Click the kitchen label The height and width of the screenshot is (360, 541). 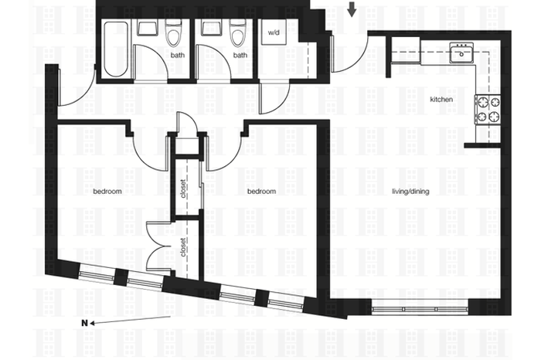coord(441,100)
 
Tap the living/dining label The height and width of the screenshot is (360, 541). coord(410,192)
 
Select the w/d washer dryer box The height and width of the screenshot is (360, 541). coord(274,32)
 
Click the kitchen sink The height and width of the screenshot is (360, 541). coord(461,53)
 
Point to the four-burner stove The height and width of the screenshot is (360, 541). coord(488,110)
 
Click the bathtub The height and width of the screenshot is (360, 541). coord(116,49)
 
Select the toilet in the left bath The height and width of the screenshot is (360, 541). coord(173,32)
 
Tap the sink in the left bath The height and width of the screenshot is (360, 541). coord(148,28)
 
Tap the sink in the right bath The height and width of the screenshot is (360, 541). coord(213,28)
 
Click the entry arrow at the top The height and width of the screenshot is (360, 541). coord(352,9)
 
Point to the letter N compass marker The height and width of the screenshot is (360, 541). coord(84,323)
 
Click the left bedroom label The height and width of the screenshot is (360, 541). coord(107,191)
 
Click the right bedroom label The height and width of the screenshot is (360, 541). coord(261,191)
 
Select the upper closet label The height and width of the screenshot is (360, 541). coord(183,188)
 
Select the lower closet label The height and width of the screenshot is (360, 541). coord(183,247)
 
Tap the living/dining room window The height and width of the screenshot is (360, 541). coord(420,309)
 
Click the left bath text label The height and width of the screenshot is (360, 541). coord(177,55)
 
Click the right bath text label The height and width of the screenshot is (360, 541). coord(240,55)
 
